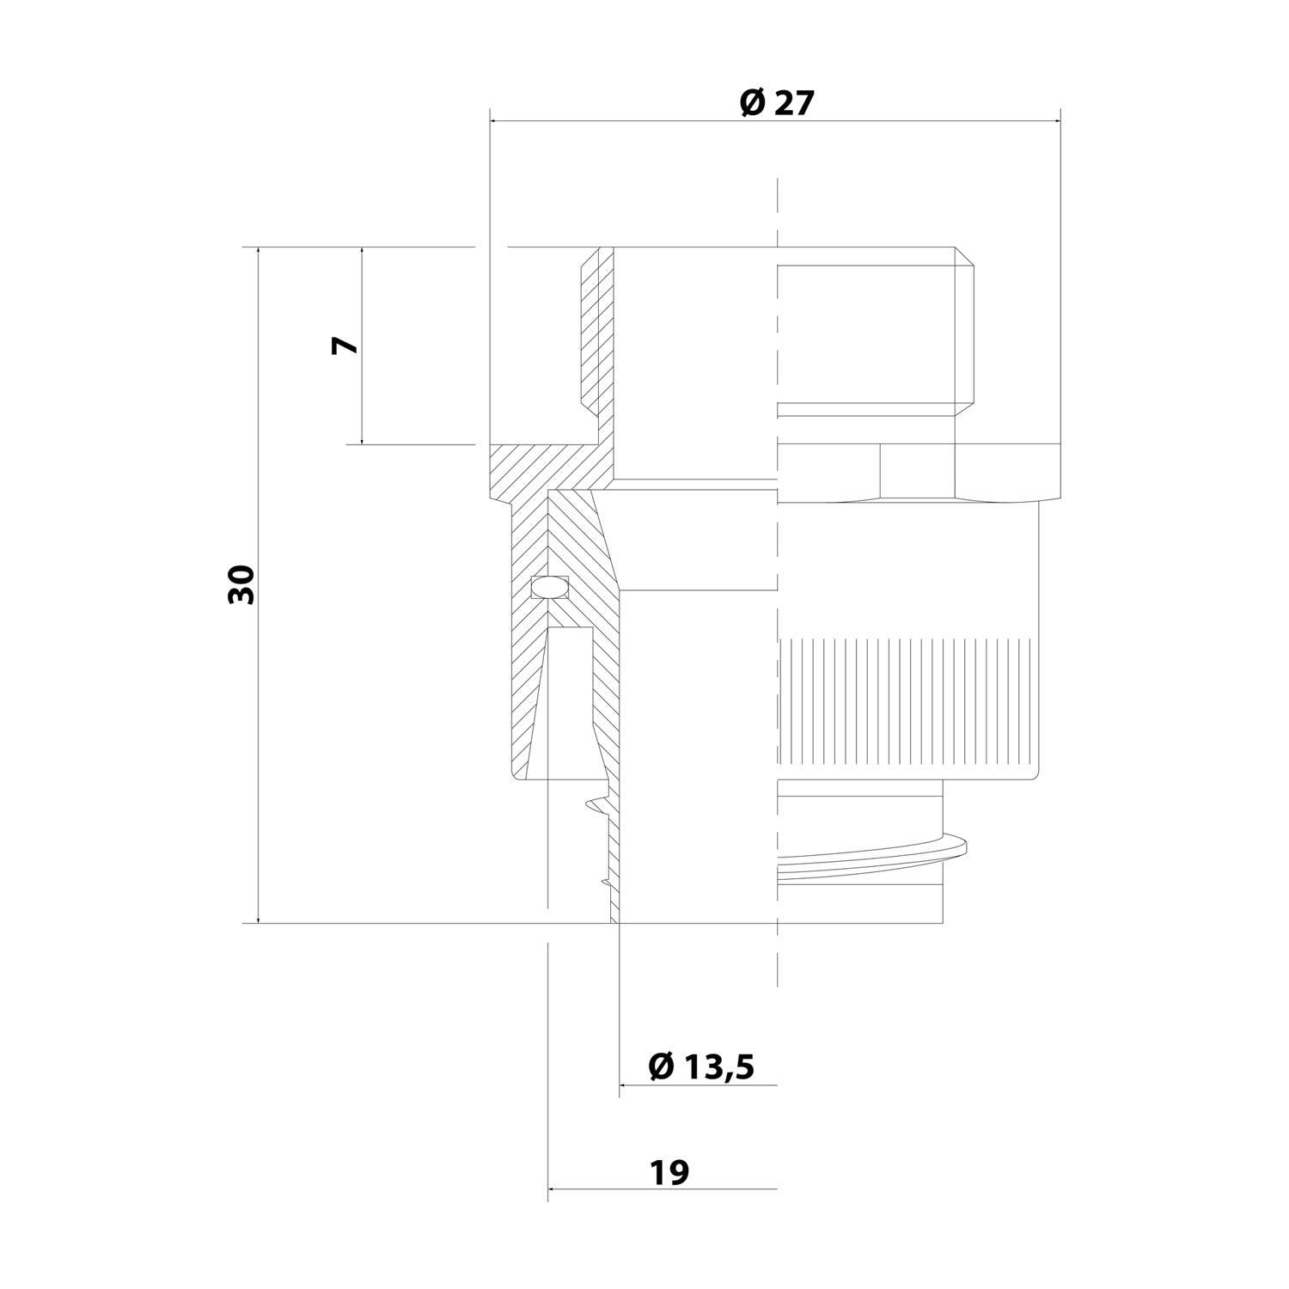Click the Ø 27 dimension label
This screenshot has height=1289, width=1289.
point(775,103)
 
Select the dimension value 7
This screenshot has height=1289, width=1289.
point(345,345)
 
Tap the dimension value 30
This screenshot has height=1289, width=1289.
point(243,584)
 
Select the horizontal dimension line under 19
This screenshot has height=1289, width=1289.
point(662,1189)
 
